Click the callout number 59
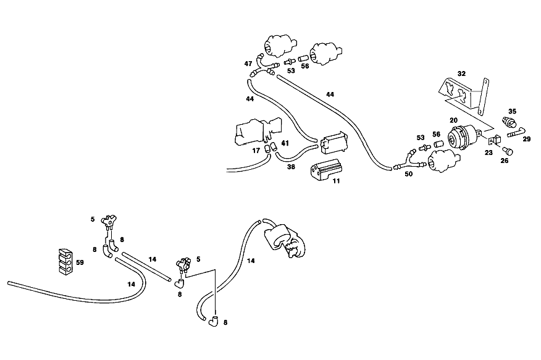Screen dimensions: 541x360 (80, 262)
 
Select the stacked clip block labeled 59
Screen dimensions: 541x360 (66, 262)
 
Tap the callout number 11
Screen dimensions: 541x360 (336, 181)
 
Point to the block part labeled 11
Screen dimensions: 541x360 (325, 169)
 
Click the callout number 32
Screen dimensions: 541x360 (461, 73)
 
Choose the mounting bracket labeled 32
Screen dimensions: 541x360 (464, 95)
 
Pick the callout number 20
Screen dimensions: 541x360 (453, 120)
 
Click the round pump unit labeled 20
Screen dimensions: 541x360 (463, 137)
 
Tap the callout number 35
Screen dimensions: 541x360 (512, 111)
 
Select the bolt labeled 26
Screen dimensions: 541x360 (508, 151)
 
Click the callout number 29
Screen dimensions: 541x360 (527, 139)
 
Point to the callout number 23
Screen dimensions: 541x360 (489, 152)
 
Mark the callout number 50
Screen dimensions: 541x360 (408, 174)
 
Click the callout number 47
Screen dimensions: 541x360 (248, 64)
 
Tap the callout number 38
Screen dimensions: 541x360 (291, 167)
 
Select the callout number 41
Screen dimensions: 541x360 (285, 143)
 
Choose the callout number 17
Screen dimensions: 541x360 (256, 151)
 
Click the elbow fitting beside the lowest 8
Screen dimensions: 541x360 (214, 321)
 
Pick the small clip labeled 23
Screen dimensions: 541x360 (495, 140)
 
